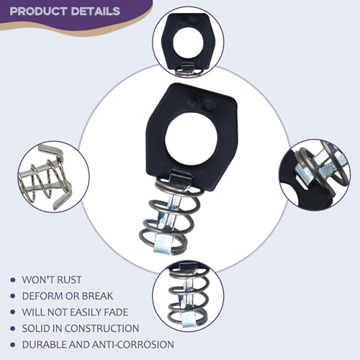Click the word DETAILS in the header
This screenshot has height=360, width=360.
[x=96, y=12]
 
